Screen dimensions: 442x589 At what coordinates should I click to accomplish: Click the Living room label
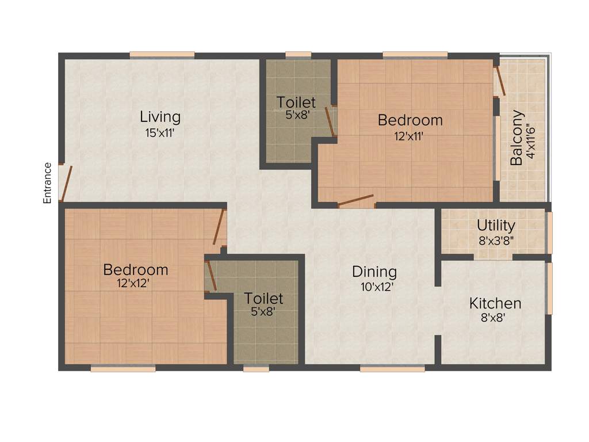(x=160, y=117)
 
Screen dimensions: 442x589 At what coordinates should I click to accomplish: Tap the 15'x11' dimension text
(x=160, y=132)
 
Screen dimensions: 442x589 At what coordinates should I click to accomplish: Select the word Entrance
(x=48, y=183)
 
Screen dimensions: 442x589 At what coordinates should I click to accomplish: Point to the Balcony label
(x=517, y=138)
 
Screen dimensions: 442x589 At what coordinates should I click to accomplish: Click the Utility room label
(x=496, y=226)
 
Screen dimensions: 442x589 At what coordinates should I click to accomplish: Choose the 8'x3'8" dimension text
(x=496, y=241)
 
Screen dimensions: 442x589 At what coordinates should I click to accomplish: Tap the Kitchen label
(x=495, y=303)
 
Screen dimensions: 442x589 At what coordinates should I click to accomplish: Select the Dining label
(x=374, y=272)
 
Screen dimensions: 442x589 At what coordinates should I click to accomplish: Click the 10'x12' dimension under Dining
(x=374, y=287)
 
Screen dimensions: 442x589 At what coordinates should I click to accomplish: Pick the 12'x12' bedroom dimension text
(x=136, y=284)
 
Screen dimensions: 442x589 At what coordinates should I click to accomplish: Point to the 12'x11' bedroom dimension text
(x=410, y=136)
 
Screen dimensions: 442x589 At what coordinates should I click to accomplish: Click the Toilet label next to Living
(x=296, y=102)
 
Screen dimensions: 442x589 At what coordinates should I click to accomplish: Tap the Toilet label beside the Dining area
(x=263, y=299)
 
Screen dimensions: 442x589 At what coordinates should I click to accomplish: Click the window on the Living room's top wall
(x=162, y=55)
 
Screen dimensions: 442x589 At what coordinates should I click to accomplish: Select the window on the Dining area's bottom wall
(x=392, y=368)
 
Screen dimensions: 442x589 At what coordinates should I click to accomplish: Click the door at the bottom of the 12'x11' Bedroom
(x=356, y=201)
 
